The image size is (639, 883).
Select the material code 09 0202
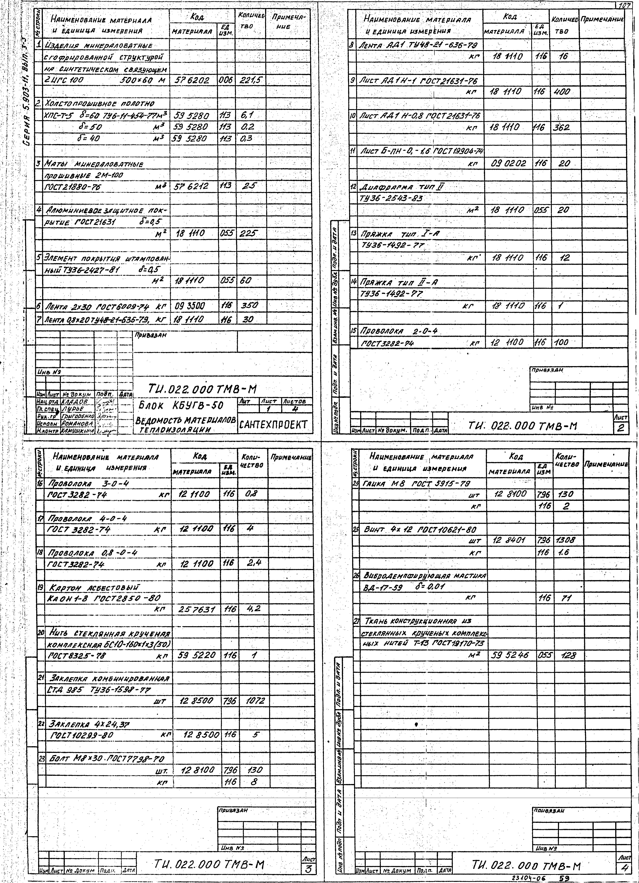tap(509, 163)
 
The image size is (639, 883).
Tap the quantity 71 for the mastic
tap(564, 598)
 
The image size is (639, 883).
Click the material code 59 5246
tap(509, 655)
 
